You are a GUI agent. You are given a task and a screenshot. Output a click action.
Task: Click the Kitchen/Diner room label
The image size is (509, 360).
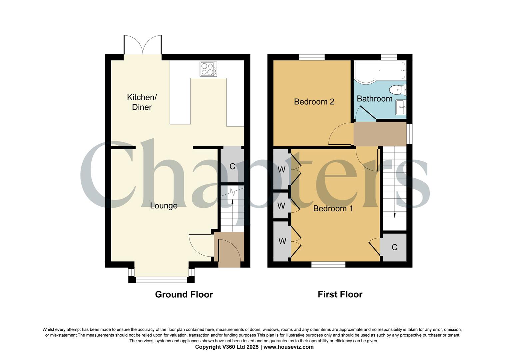point(142,102)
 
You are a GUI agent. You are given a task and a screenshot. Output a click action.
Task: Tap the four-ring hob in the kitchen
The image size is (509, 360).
point(208,69)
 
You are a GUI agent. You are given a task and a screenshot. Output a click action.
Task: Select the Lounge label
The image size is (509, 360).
point(164,206)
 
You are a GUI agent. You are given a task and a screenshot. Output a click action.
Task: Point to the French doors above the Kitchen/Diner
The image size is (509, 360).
point(143,45)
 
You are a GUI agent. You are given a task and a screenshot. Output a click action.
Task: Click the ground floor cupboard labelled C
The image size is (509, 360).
point(232,166)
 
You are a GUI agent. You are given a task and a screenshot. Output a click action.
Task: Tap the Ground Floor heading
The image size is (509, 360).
point(184,294)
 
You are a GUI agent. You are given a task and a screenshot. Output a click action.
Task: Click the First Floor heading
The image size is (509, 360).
point(340,294)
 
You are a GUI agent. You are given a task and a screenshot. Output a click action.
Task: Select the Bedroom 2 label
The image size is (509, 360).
point(314,102)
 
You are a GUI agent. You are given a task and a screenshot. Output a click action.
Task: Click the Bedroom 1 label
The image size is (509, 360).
point(333,208)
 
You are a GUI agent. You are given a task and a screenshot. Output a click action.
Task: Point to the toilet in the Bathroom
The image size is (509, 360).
point(398,90)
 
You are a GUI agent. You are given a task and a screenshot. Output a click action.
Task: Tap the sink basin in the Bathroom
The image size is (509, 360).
point(401,107)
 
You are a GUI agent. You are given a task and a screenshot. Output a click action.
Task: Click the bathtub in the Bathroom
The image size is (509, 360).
point(380,70)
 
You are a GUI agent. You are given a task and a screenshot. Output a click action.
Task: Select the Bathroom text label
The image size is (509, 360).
point(374,99)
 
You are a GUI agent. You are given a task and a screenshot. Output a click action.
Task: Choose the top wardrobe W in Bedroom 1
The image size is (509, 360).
point(282,169)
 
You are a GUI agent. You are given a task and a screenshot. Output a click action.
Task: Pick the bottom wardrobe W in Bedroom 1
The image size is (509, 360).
point(282,241)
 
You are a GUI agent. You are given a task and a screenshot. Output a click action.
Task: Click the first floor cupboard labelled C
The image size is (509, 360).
point(394,247)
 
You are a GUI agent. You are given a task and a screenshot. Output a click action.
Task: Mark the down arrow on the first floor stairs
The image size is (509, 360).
point(395,215)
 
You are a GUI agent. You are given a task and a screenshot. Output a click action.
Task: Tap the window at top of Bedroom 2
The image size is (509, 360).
point(312,57)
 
